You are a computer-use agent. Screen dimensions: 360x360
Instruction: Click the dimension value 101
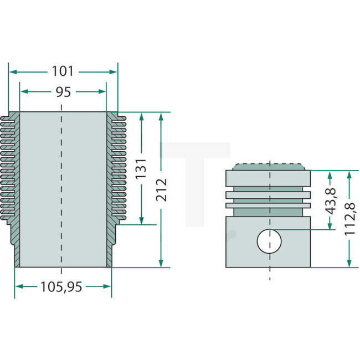pyautogui.click(x=63, y=71)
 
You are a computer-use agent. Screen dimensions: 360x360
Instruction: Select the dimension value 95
pyautogui.click(x=63, y=92)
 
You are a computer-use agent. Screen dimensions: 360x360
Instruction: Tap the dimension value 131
pyautogui.click(x=142, y=168)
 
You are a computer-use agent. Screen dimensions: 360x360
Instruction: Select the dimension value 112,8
pyautogui.click(x=349, y=219)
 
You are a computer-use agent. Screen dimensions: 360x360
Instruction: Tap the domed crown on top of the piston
pyautogui.click(x=269, y=167)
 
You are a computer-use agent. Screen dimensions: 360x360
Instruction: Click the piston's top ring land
pyautogui.click(x=269, y=178)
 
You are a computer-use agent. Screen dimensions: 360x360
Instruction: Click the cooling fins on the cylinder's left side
pyautogui.click(x=10, y=166)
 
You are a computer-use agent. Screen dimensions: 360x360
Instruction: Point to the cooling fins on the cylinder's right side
pyautogui.click(x=117, y=166)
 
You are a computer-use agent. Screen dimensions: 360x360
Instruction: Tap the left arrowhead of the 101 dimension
pyautogui.click(x=12, y=71)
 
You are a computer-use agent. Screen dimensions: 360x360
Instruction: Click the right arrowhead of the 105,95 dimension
pyautogui.click(x=108, y=286)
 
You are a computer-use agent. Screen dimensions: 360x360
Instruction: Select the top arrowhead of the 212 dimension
pyautogui.click(x=161, y=115)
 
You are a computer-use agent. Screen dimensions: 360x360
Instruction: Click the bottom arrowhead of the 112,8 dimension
pyautogui.click(x=349, y=265)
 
